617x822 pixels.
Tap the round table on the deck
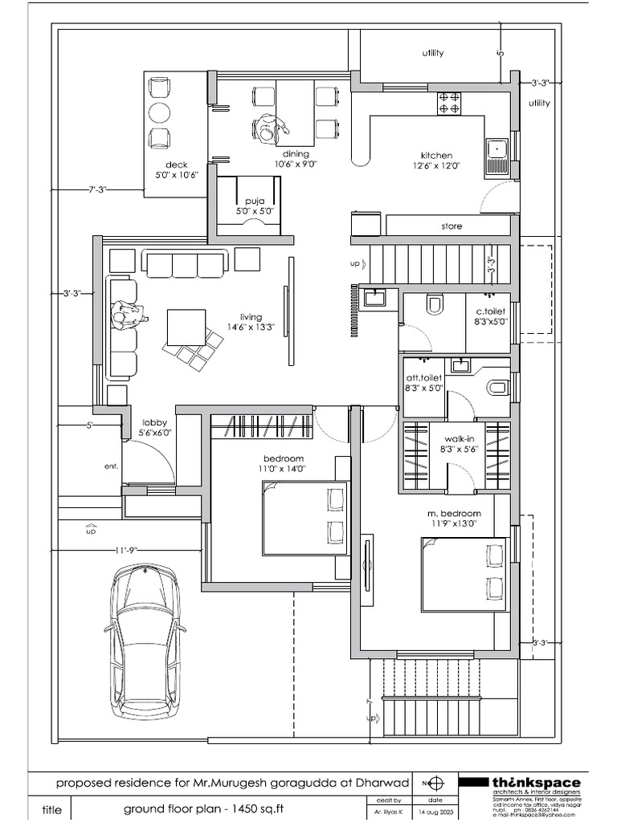[x=160, y=112]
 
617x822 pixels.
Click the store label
[x=452, y=226]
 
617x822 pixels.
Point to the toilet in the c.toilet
[x=435, y=304]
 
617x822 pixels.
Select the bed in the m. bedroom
[x=464, y=574]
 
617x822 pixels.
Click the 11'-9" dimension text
[x=125, y=550]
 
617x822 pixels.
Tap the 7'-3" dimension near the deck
[x=98, y=189]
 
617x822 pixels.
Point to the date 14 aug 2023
[x=434, y=812]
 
